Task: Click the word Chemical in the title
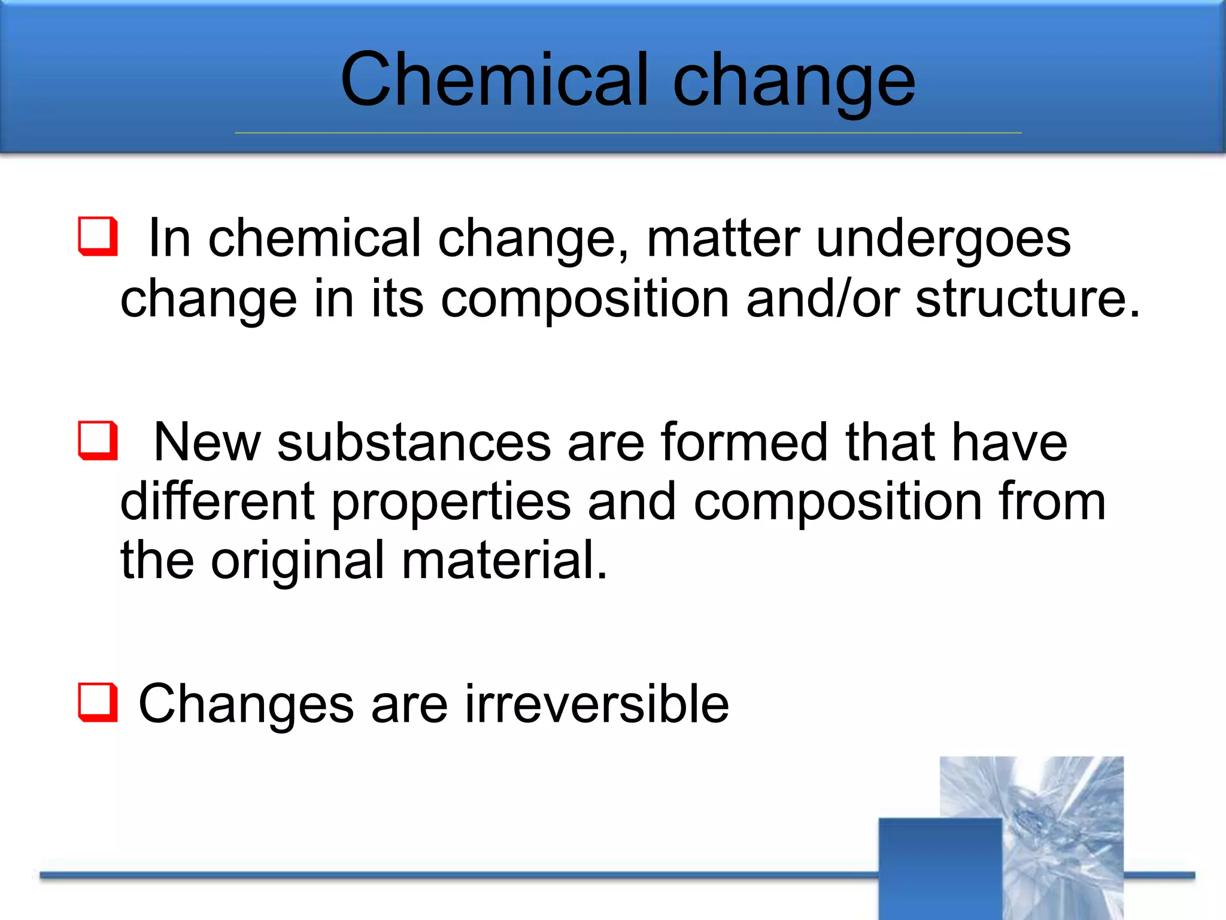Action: tap(494, 80)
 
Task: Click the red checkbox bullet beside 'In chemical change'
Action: tap(98, 237)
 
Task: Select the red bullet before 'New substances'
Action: tap(98, 440)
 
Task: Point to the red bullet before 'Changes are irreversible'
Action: tap(98, 702)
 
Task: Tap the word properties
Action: tap(451, 503)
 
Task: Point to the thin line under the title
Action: tap(627, 133)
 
